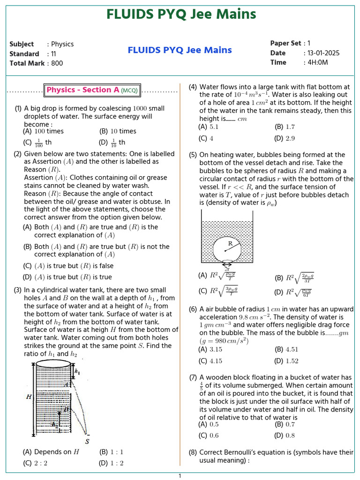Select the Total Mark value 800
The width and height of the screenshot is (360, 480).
[57, 63]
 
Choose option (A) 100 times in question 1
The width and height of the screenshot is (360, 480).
[43, 132]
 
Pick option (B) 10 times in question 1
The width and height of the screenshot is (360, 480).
[118, 132]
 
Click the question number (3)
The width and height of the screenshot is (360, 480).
[18, 290]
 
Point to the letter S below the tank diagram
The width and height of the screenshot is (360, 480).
[87, 441]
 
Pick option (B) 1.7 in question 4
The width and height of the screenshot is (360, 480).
[285, 127]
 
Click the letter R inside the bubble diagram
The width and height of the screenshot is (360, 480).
[230, 244]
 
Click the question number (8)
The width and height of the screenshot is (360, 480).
[193, 453]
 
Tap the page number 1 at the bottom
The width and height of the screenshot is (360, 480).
[180, 476]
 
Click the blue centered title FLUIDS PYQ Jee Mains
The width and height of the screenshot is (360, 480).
[180, 50]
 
